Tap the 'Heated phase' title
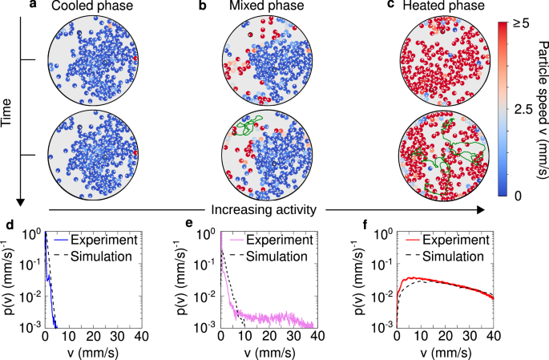(x=438, y=6)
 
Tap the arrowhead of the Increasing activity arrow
(x=483, y=210)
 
